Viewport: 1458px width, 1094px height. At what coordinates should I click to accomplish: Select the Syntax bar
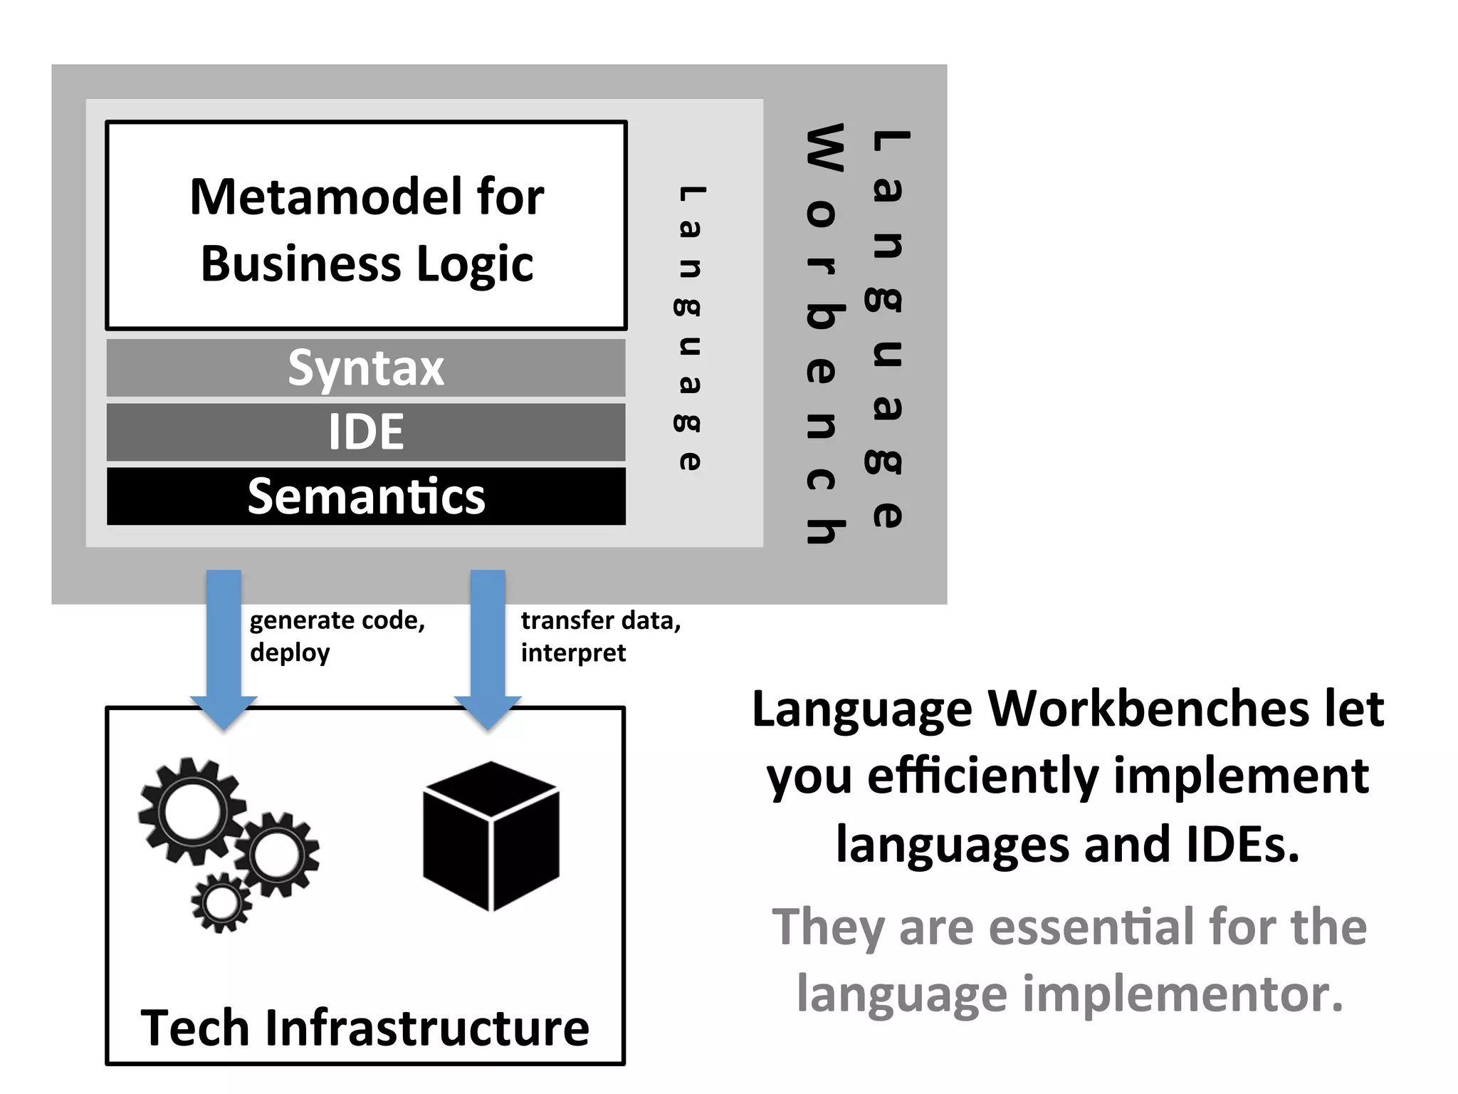366,368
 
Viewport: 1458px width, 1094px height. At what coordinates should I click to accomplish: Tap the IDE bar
366,432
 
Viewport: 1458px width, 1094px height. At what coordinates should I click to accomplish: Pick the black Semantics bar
366,496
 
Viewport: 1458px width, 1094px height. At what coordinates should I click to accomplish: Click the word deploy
290,653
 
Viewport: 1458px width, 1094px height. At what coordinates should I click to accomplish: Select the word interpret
573,653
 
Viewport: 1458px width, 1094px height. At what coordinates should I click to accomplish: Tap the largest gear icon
192,812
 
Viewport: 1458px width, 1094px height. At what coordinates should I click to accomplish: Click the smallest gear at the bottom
221,903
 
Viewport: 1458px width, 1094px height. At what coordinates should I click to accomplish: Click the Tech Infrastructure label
365,1028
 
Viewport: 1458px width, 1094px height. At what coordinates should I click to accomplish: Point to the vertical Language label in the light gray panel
689,328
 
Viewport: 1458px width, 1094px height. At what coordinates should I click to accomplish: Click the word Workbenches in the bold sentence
1149,709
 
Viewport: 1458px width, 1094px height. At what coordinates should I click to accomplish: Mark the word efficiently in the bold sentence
983,776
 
